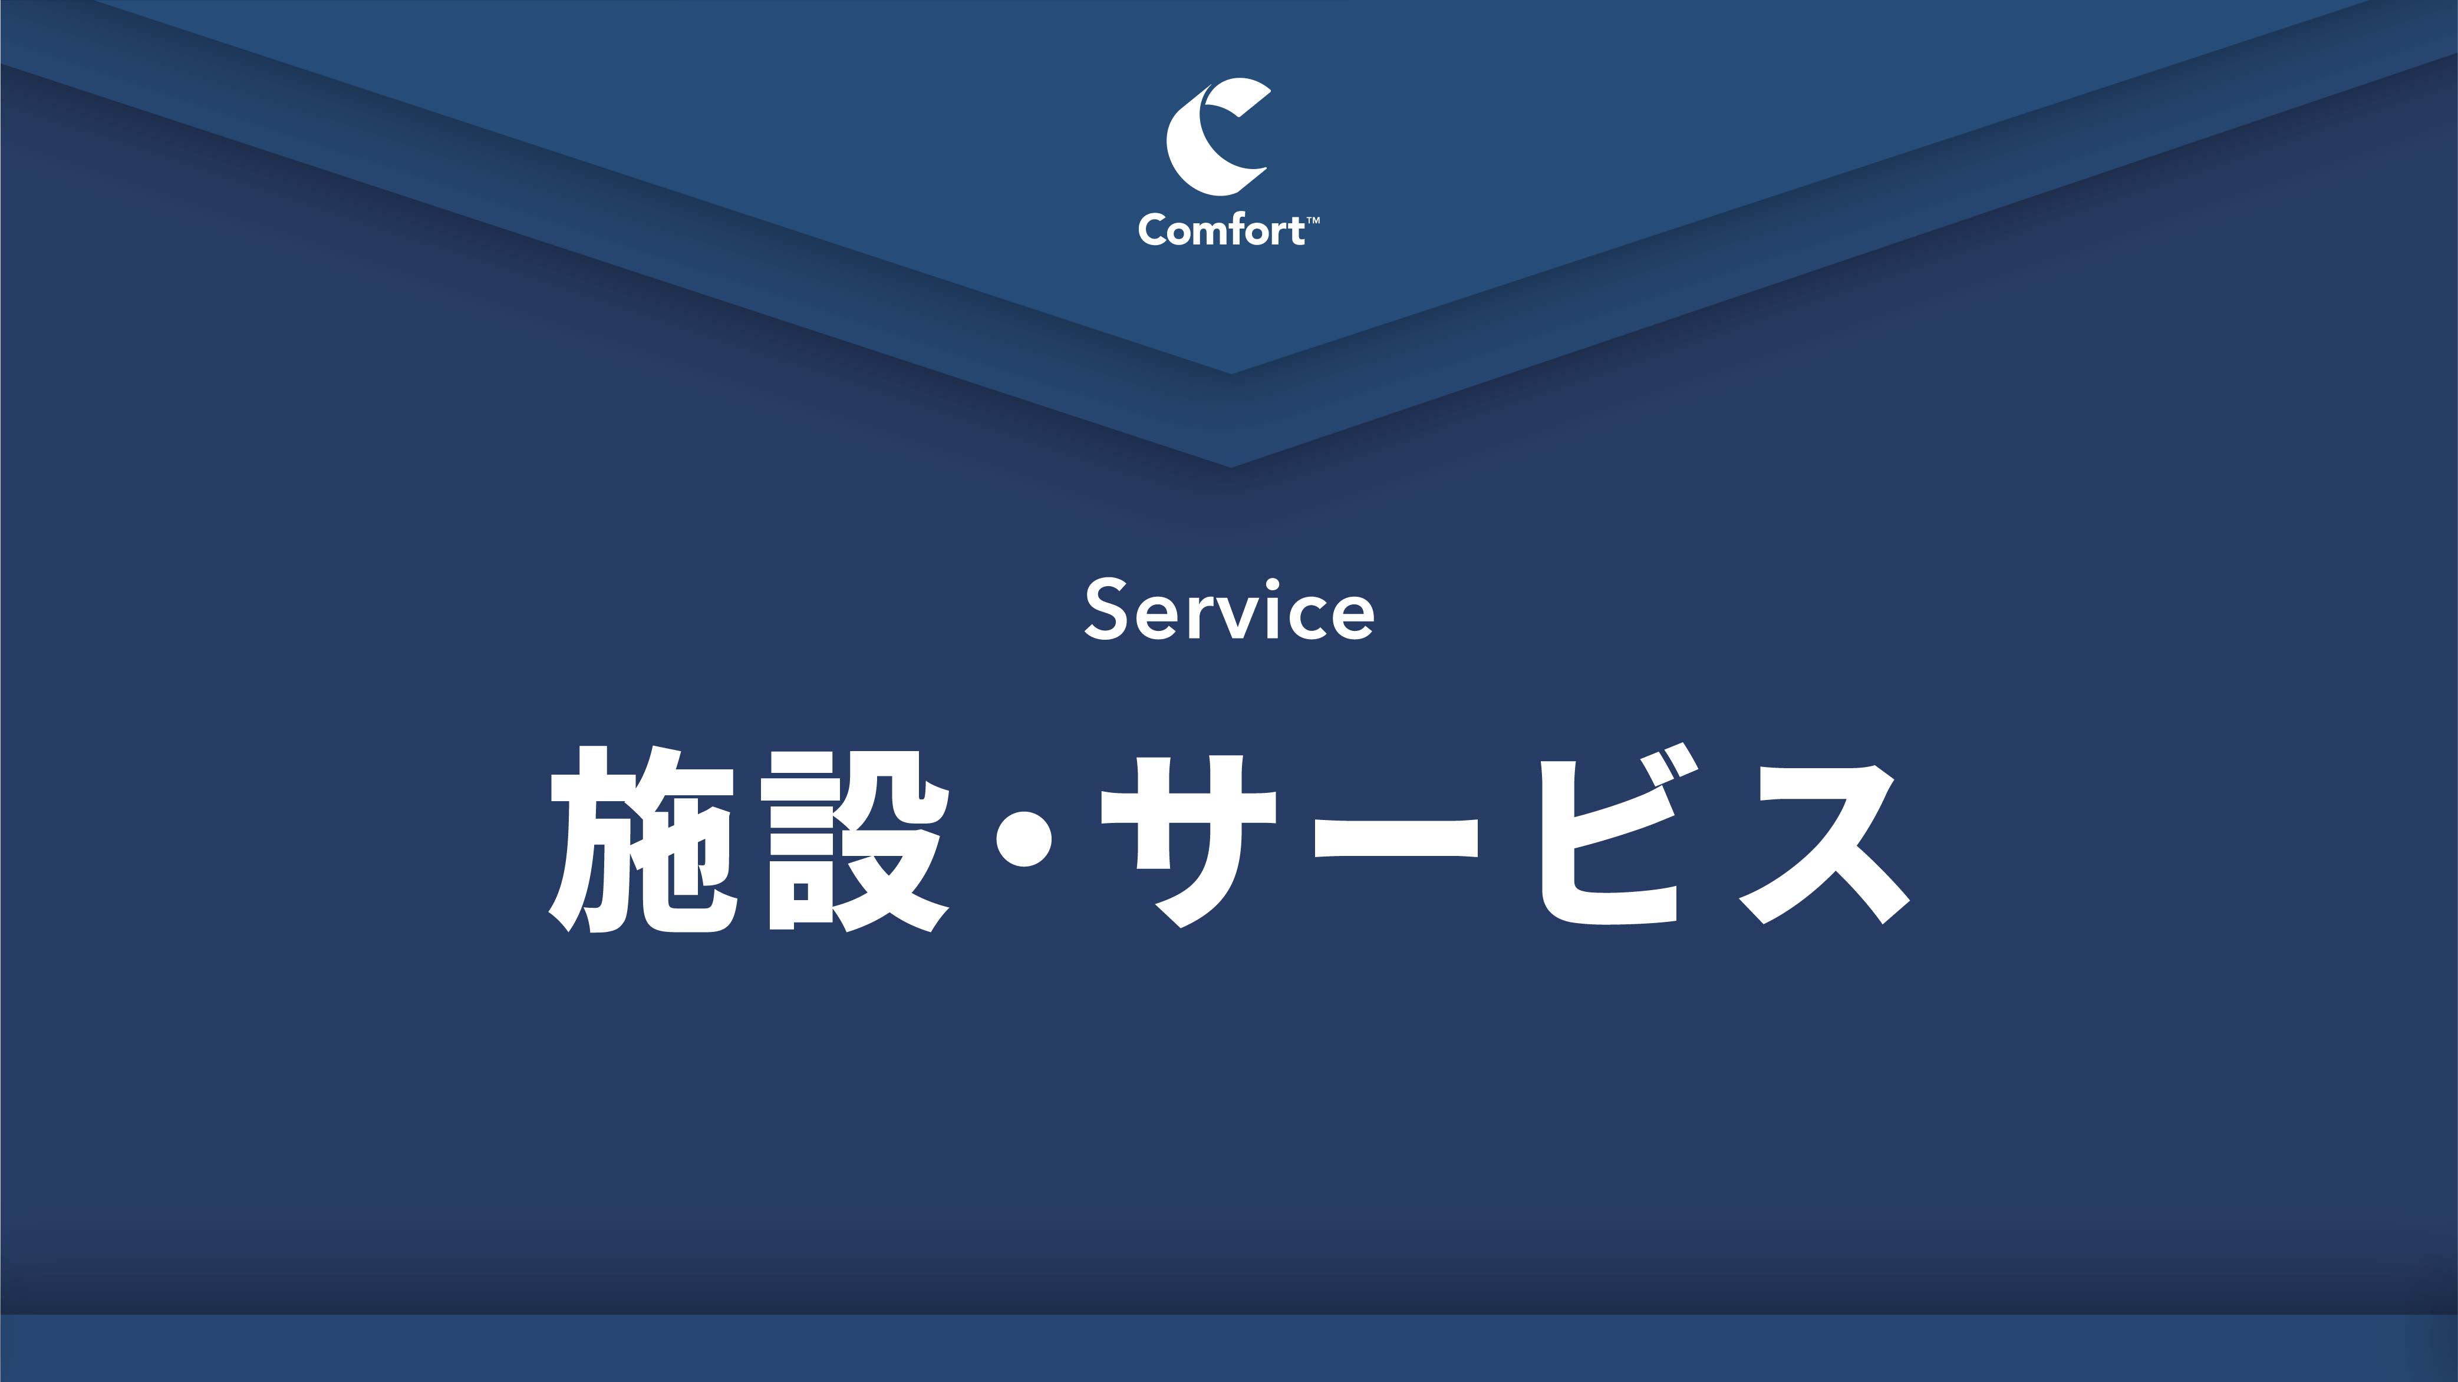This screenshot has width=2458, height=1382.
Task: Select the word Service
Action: coord(1229,610)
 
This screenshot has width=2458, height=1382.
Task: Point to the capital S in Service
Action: coord(1107,610)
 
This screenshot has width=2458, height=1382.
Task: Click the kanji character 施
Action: coord(642,839)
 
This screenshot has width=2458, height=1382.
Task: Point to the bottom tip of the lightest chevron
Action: coord(1231,372)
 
